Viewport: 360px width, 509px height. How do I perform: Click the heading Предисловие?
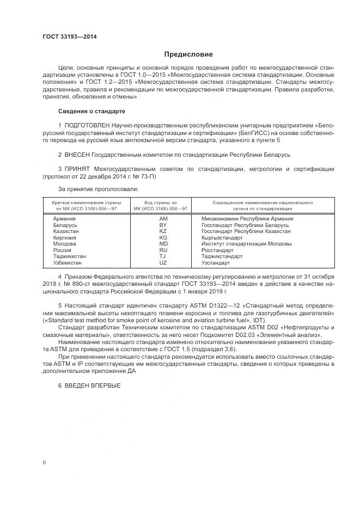tap(189, 54)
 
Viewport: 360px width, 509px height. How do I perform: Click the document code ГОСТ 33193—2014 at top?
tap(65, 37)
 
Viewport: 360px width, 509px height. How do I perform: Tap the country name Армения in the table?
tap(64, 218)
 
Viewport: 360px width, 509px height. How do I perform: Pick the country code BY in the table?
tap(163, 225)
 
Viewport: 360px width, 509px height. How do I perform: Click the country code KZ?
tap(163, 231)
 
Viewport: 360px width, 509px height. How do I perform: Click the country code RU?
tap(163, 250)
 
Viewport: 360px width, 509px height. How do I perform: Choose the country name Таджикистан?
tap(70, 256)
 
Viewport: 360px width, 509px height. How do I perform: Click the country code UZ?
tap(163, 263)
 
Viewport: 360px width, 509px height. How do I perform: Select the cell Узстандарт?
tap(216, 263)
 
